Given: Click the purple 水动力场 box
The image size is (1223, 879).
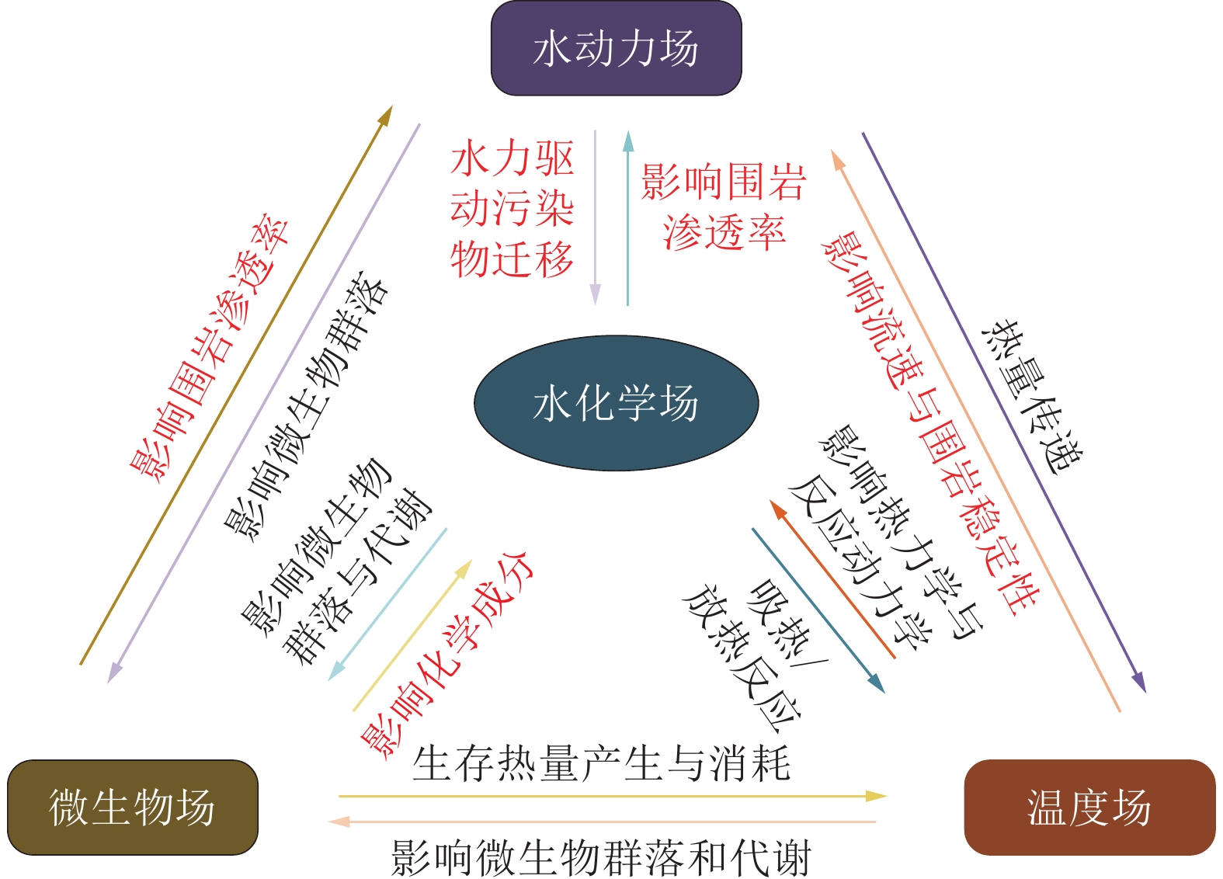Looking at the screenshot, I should coord(616,48).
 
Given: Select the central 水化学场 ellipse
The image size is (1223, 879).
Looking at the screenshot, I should coord(616,403).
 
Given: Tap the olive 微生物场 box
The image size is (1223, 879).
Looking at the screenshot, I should coord(132,807).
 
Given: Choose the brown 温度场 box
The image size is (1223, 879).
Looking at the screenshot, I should coord(1089,807).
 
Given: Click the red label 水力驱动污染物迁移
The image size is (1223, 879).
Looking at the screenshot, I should coord(512,209).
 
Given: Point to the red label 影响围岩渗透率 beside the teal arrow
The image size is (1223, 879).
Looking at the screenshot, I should coord(723,207).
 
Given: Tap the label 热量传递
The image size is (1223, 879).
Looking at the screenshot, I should coord(1031,395).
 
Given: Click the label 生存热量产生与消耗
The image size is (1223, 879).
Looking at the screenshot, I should coord(601,763).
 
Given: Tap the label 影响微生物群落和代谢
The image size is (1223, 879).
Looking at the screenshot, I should coord(601,858).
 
